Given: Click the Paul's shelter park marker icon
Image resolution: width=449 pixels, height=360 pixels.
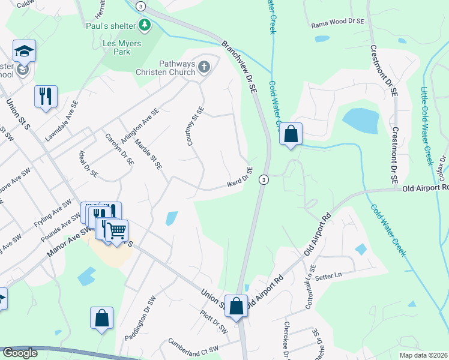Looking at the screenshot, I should [144, 25].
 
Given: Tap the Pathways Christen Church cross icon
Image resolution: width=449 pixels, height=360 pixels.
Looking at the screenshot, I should [204, 67].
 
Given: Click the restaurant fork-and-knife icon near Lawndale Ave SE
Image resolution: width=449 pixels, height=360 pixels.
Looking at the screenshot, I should [46, 96].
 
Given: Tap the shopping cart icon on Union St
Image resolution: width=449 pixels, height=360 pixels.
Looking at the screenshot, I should [117, 230].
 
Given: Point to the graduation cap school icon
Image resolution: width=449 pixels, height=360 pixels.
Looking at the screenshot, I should [24, 52].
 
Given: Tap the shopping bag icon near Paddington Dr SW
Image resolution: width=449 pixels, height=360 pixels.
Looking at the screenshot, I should [102, 317].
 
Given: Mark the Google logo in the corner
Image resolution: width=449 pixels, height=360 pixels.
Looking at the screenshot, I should [20, 353].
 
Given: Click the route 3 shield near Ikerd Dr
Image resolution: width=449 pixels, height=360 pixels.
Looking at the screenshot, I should [263, 179].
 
